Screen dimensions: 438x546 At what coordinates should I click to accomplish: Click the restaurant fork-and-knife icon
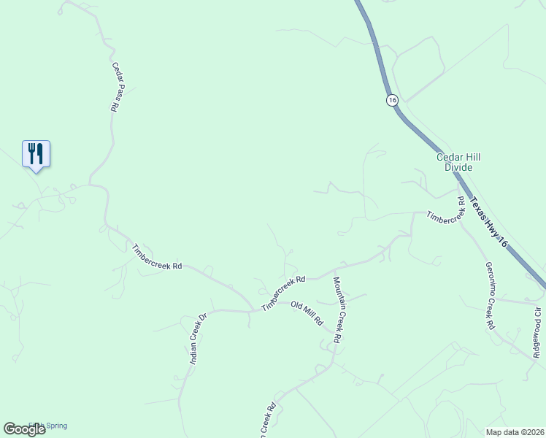(x=36, y=153)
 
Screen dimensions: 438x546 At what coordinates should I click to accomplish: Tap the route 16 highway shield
(x=392, y=100)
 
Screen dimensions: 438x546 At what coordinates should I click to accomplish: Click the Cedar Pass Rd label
(x=117, y=86)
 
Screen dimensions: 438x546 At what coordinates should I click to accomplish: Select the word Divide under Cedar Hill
(x=459, y=167)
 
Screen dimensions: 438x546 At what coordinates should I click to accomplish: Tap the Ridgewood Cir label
(x=537, y=332)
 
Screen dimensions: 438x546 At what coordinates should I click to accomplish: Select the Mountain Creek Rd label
(x=337, y=310)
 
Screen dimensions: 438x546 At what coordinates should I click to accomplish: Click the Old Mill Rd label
(x=307, y=313)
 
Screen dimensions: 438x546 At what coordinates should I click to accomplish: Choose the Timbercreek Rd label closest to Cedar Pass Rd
(x=156, y=257)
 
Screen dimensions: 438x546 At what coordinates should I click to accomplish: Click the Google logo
(x=24, y=429)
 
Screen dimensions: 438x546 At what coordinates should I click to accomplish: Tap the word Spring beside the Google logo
(x=56, y=426)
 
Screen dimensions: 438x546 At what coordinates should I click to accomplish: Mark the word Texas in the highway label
(x=476, y=207)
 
